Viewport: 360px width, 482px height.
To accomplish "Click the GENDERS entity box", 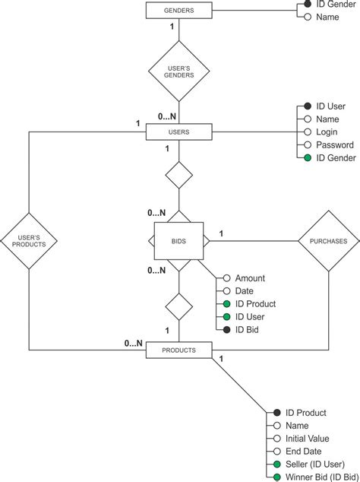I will coord(178,11).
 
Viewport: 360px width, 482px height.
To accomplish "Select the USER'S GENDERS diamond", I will coord(178,71).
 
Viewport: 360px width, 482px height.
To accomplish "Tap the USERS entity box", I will coord(178,132).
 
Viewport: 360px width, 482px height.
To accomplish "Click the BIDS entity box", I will coord(178,241).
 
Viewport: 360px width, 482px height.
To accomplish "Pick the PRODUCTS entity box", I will coord(178,350).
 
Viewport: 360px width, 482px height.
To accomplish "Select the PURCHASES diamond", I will coord(328,241).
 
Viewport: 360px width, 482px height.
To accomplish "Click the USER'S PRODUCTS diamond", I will coord(29,241).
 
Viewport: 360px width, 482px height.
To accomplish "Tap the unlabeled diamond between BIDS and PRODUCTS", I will coord(178,307).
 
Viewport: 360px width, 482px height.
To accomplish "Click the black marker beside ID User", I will coord(307,106).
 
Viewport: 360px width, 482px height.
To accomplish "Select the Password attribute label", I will coord(335,144).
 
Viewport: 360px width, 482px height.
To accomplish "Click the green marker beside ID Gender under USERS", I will coord(307,157).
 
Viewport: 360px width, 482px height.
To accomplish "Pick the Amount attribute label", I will coord(250,278).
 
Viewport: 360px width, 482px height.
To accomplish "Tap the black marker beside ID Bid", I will coord(226,329).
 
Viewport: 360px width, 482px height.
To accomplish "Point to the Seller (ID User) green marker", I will coord(276,465).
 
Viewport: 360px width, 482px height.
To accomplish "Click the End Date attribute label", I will coord(303,452).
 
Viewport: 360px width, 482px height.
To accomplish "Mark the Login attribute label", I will coord(327,132).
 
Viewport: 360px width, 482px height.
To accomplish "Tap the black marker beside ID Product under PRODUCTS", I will coord(276,413).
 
